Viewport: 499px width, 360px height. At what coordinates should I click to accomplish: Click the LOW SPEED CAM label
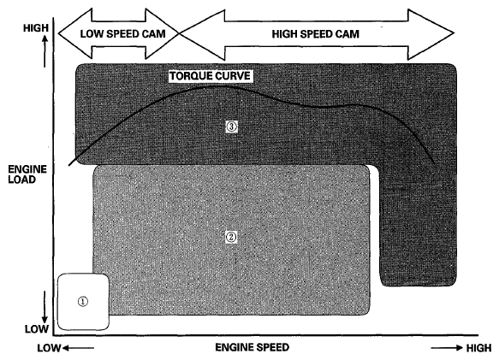tap(123, 33)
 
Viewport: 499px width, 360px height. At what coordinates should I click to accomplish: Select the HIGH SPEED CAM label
tap(315, 34)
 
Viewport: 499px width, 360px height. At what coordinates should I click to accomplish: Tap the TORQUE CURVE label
tap(210, 76)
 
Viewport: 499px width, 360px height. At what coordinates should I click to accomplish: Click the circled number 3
tap(231, 127)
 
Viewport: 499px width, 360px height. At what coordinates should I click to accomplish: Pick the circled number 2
tap(231, 237)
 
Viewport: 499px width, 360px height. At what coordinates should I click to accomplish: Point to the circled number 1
tap(83, 301)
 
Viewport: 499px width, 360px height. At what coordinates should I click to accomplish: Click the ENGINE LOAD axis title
tap(27, 174)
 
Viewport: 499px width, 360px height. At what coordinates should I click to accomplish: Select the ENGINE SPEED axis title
tap(252, 347)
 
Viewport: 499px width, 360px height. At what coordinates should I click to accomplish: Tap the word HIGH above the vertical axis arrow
tap(36, 28)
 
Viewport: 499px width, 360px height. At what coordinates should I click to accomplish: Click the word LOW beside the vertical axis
tap(37, 329)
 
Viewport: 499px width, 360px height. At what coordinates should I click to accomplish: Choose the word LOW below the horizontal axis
tap(49, 348)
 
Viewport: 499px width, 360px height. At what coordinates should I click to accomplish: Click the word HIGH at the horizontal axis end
tap(479, 348)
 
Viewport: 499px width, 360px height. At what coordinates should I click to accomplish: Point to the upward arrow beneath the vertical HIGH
tap(45, 51)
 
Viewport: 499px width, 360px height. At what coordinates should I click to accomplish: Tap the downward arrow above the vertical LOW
tap(45, 307)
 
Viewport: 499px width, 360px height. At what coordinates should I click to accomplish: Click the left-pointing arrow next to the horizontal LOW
tap(78, 348)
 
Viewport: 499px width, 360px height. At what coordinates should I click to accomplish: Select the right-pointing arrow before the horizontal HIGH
tap(447, 347)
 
